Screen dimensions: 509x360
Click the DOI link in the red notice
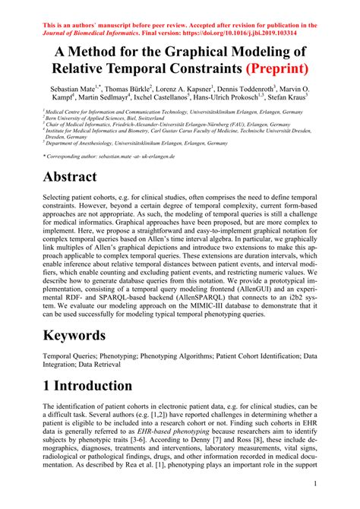pos(260,34)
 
